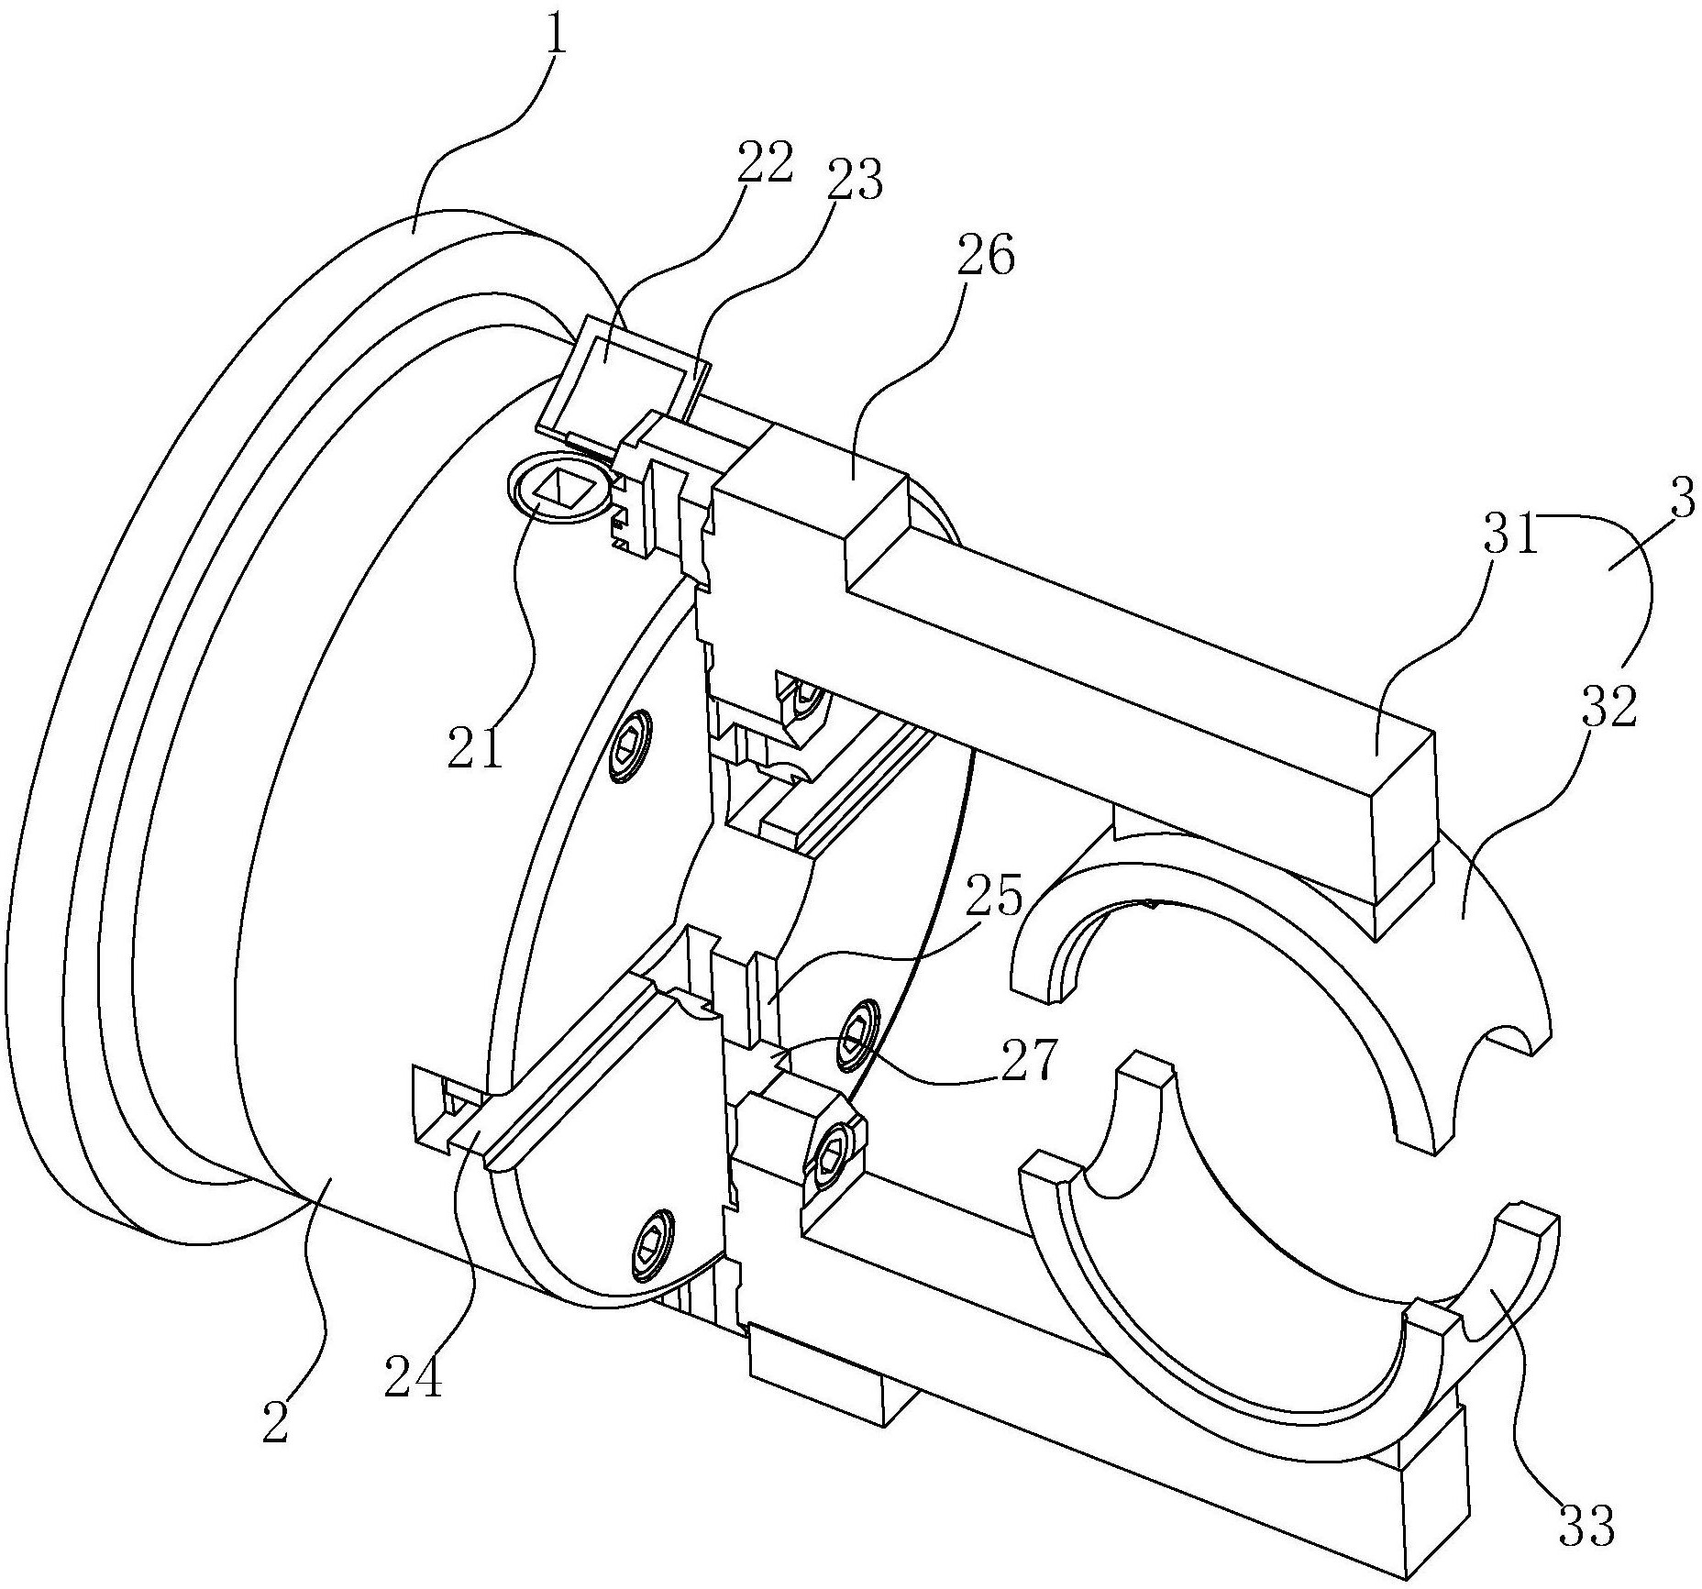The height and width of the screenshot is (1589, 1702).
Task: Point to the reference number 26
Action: point(986,259)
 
